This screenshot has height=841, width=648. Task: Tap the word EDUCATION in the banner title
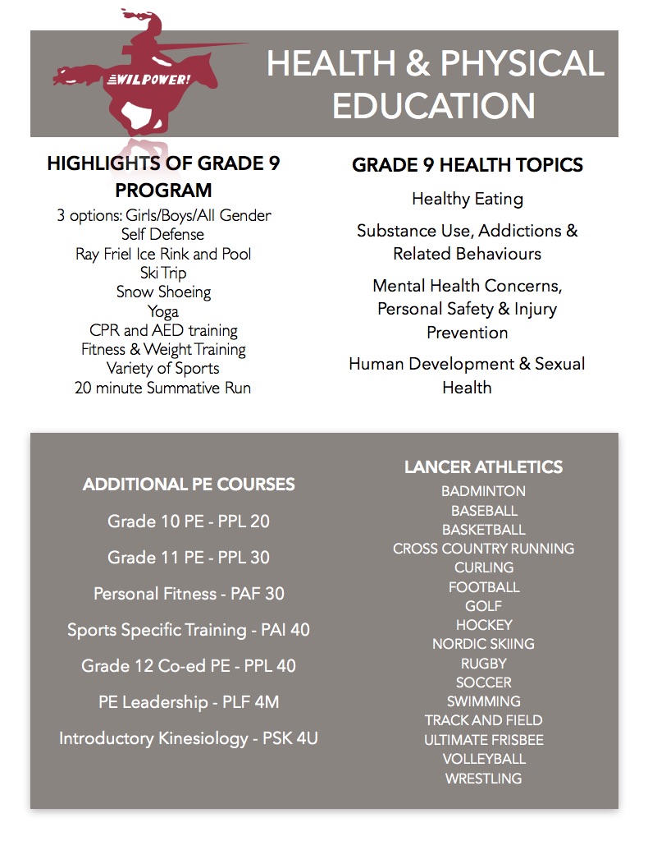[x=434, y=106]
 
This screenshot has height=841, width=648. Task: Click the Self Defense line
[x=162, y=234]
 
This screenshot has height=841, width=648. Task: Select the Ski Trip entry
[x=162, y=273]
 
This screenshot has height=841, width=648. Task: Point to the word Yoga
[x=162, y=311]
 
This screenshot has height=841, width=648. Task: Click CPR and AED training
[x=162, y=330]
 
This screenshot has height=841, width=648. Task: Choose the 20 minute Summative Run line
[x=162, y=388]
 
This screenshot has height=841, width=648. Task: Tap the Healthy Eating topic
[x=467, y=199]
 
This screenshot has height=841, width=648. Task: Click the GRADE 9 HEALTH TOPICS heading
[x=467, y=165]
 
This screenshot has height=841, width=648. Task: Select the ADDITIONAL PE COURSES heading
[x=189, y=485]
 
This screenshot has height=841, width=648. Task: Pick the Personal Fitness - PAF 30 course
[x=189, y=594]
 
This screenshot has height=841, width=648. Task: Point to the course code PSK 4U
[x=290, y=738]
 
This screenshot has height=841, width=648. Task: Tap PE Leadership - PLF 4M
[x=189, y=702]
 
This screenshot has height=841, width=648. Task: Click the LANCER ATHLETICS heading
[x=483, y=467]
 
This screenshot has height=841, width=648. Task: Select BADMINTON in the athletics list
[x=483, y=491]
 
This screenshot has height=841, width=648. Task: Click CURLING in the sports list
[x=483, y=568]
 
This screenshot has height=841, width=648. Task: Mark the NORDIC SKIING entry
[x=483, y=644]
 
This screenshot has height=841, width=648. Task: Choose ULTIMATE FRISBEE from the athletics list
[x=483, y=740]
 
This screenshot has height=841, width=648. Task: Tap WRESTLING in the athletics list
[x=483, y=778]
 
